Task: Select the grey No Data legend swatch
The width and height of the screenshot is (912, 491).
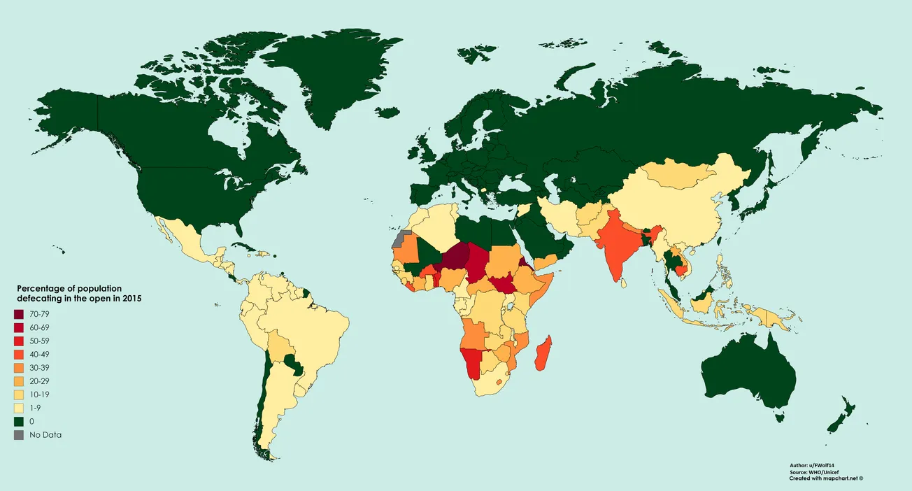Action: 19,434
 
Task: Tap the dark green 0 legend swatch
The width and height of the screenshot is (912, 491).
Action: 19,421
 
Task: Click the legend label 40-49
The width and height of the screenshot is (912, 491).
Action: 41,355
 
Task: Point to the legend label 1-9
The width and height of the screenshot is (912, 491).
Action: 36,408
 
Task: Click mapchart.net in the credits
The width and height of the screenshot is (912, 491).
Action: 841,479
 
